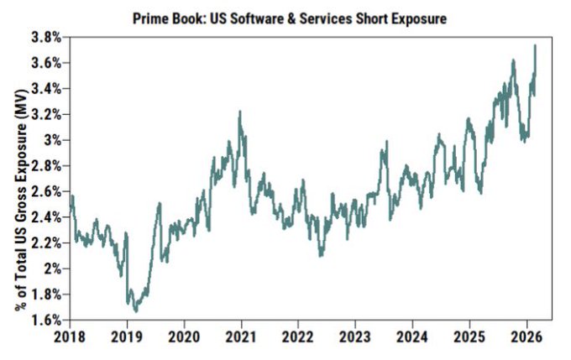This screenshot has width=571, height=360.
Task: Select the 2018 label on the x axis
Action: coord(70,335)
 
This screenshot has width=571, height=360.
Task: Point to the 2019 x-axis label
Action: coord(127,335)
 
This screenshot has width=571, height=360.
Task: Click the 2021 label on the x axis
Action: coord(241,335)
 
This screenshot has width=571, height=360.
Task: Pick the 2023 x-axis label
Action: coord(355,335)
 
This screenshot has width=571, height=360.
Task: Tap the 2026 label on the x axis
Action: coord(526,335)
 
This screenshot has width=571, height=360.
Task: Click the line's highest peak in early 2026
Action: coord(535,45)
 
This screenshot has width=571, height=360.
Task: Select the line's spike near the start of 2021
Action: coord(240,111)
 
